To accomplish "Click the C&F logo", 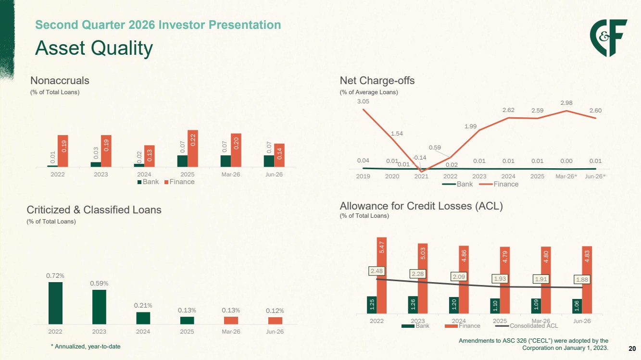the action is pos(608,38).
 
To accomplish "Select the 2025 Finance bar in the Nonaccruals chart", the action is pos(192,149).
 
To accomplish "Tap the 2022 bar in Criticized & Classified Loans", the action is pos(55,303).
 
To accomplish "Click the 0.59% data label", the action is pos(99,283).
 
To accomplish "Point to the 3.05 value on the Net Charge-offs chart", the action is pos(363,101).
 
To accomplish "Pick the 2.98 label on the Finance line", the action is pos(566,103).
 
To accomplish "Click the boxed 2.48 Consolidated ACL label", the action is pos(377,271).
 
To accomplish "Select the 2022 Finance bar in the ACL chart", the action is pos(382,275).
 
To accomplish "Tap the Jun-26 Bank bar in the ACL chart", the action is pos(577,306).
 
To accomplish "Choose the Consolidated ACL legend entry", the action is pos(527,326).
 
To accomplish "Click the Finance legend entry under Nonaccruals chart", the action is pos(179,182).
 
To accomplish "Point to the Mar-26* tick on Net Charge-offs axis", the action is pos(566,176).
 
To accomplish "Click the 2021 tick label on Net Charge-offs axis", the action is pos(421,176).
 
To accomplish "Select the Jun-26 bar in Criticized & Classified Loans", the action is pos(275,321).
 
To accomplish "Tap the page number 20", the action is pos(632,348).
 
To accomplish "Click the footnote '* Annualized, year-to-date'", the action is pos(86,347).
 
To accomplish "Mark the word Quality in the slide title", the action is pos(122,49).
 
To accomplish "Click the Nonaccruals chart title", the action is pos(60,81).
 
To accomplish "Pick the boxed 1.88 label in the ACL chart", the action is pos(582,279).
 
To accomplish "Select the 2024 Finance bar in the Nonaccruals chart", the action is pos(150,156).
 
